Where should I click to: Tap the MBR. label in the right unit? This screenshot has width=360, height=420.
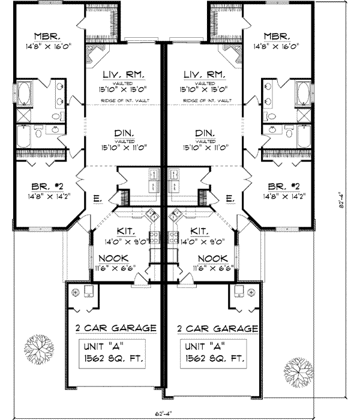(x=280, y=35)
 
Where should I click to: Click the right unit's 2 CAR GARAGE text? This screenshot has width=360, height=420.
(x=218, y=329)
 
